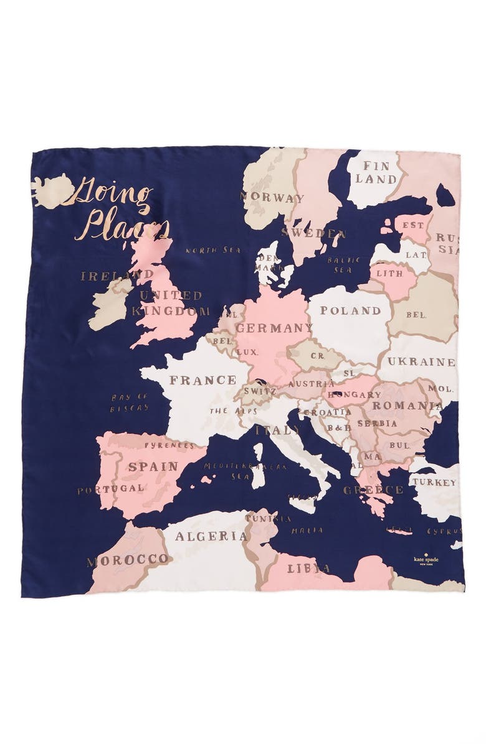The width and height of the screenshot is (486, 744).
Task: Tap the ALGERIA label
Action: (x=202, y=536)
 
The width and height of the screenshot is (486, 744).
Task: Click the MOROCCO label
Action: (x=128, y=560)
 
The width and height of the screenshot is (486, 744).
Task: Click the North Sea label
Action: (x=204, y=250)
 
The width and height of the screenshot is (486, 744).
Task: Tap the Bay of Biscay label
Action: (x=130, y=402)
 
